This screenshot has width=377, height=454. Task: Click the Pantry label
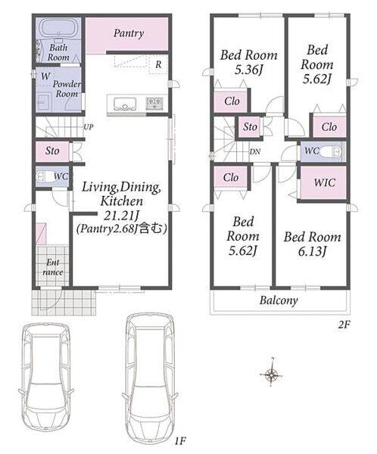click(129, 33)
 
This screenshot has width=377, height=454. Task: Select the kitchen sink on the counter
click(125, 104)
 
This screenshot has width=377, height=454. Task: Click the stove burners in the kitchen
click(154, 104)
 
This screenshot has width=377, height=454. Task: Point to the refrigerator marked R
click(158, 64)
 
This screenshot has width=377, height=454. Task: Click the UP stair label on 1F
click(88, 127)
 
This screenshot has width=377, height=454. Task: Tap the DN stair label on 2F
click(254, 151)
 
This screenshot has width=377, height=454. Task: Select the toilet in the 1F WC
click(45, 176)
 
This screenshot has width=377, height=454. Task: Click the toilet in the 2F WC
click(333, 151)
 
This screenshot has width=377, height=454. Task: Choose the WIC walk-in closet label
click(325, 182)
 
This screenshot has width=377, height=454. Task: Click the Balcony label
click(279, 300)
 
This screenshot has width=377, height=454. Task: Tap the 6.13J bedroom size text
click(313, 251)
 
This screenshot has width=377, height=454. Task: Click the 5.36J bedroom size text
click(248, 70)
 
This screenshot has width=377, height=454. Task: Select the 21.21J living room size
click(122, 216)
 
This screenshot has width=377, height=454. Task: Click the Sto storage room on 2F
click(250, 127)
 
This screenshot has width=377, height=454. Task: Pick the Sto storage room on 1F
click(52, 151)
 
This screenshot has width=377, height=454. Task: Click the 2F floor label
click(344, 325)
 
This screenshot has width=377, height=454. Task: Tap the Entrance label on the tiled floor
click(53, 267)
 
